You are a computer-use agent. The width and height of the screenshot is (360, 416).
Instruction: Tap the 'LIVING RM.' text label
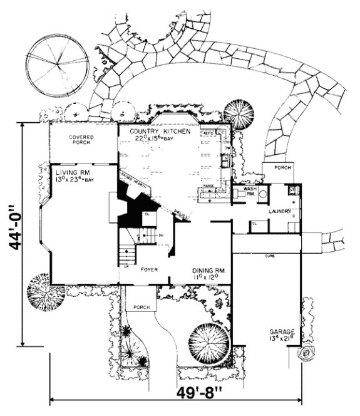[x=69, y=172]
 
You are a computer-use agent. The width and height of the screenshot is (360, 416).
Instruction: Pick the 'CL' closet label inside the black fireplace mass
[x=146, y=214]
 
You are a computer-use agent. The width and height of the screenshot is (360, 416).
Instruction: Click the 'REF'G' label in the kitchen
[x=210, y=133]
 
